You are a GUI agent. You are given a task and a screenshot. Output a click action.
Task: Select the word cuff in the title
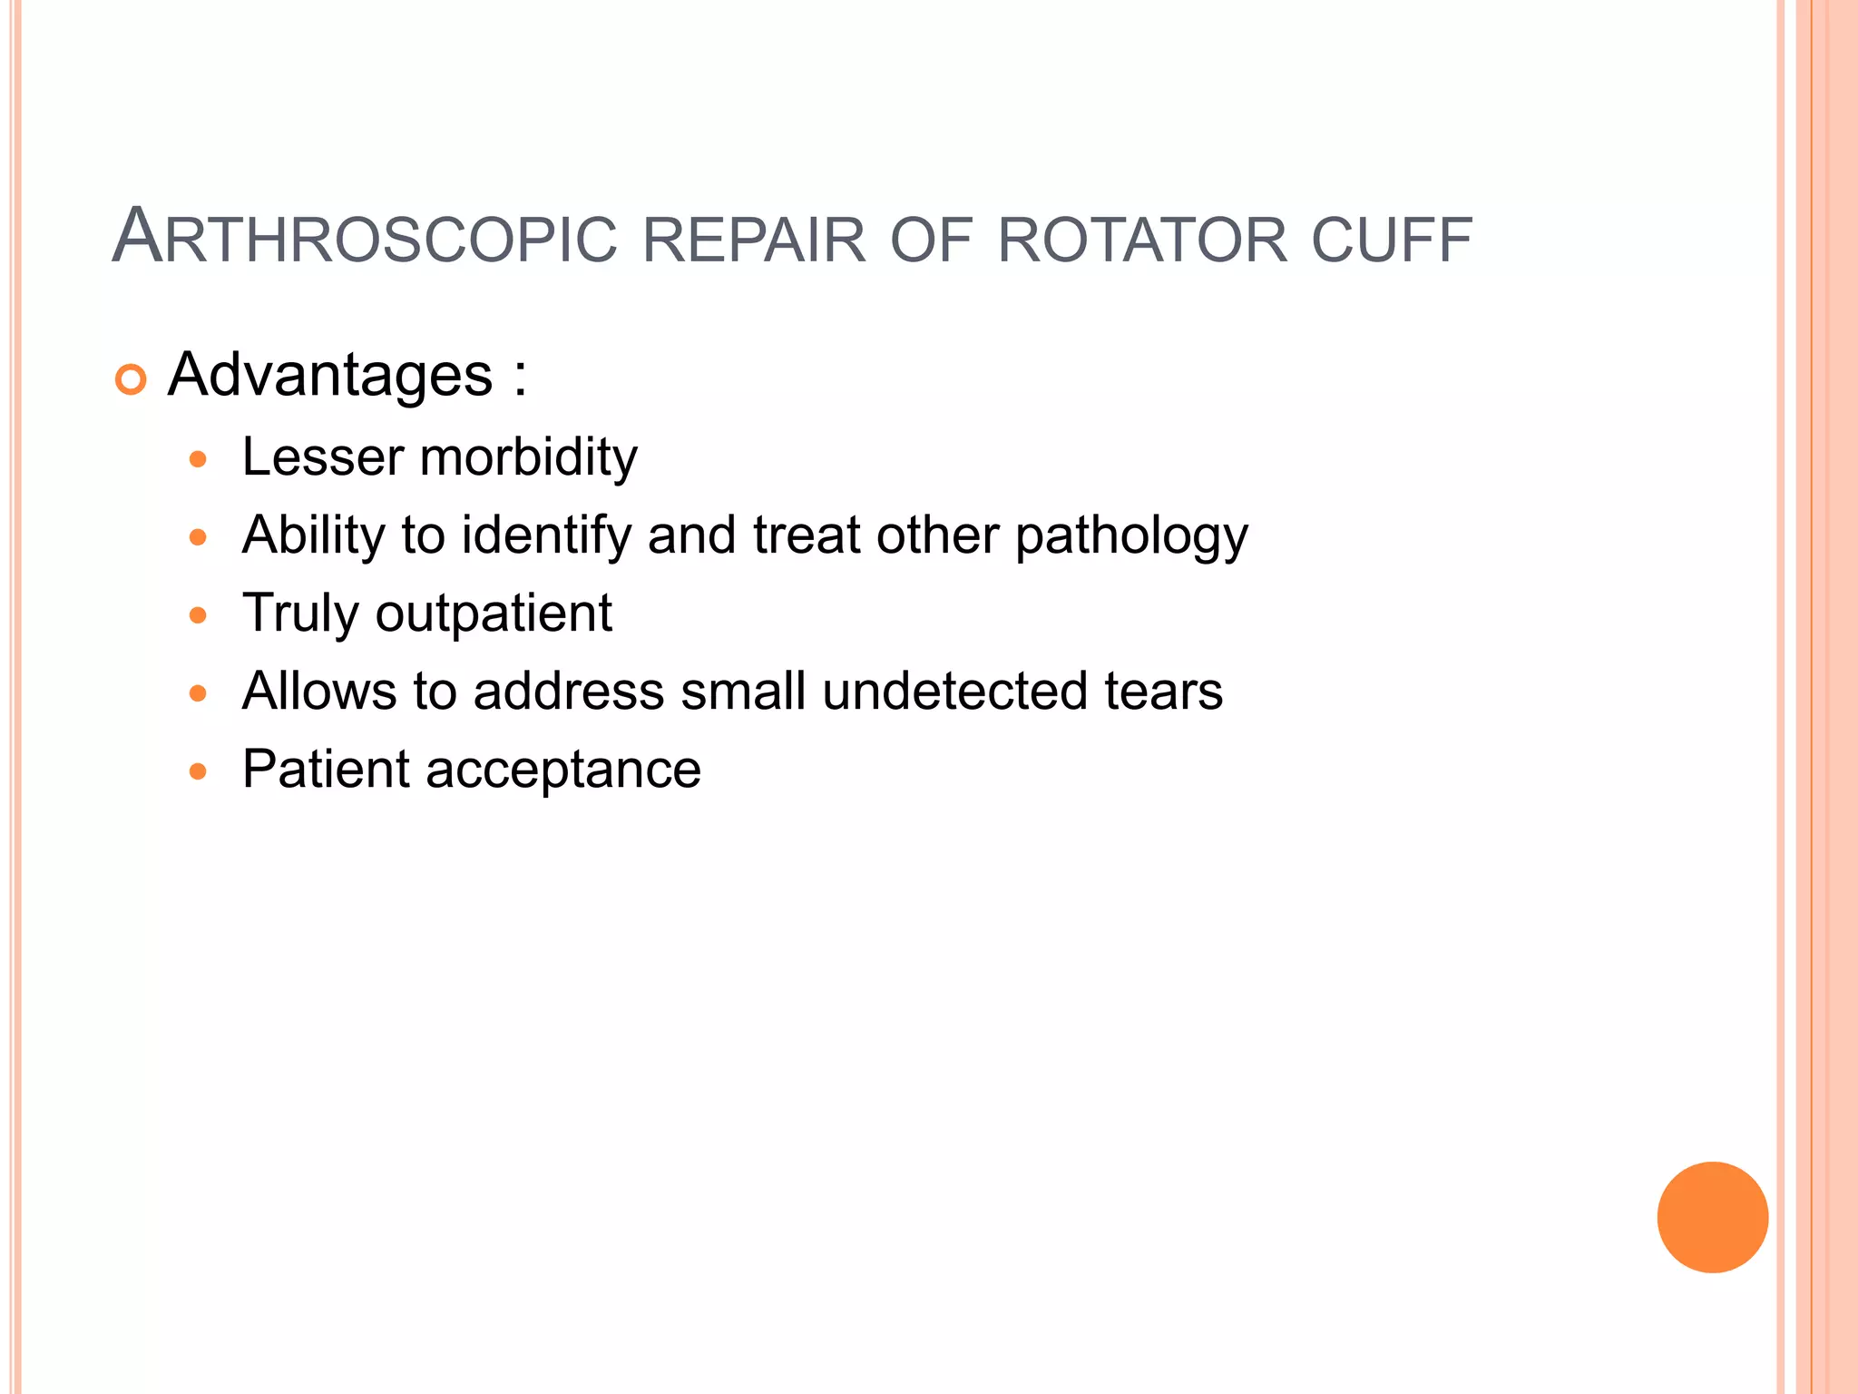coord(1392,241)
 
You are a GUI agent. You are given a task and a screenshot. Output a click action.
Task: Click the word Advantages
coord(330,374)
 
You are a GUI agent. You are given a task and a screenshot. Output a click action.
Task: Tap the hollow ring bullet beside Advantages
coord(132,379)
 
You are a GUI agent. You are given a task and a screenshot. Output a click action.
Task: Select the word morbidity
coord(529,456)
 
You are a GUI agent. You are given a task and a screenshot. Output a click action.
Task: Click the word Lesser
coord(322,456)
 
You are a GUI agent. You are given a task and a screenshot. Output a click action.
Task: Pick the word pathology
coord(1131,536)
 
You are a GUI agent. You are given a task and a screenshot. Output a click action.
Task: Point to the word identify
coord(546,535)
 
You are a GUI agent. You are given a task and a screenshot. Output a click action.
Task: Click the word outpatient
coord(494,614)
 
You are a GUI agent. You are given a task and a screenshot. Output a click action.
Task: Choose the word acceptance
coord(562,770)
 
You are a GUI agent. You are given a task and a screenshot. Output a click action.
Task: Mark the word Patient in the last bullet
coord(326,770)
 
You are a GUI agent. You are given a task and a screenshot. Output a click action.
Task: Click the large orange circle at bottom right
coord(1712,1217)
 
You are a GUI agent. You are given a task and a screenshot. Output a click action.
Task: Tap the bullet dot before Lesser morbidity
coord(198,459)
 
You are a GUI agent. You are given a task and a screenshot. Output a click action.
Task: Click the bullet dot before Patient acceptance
coord(198,772)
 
